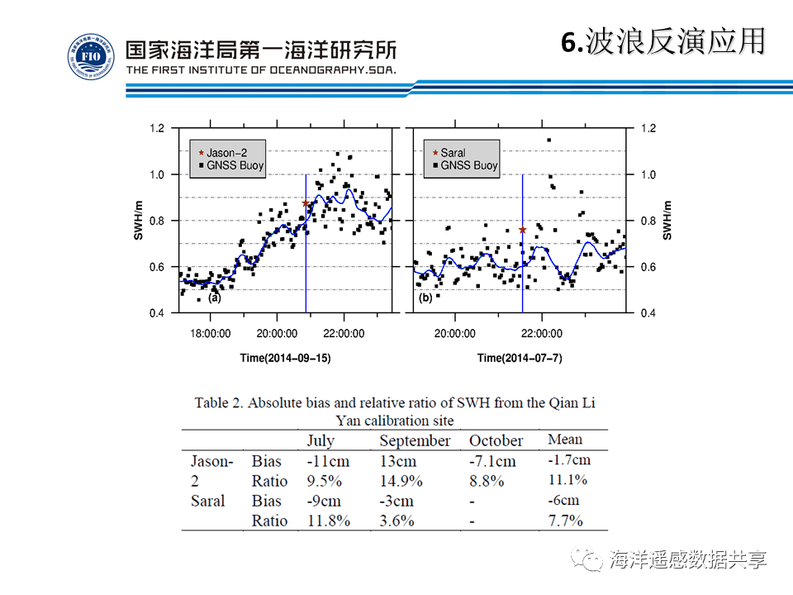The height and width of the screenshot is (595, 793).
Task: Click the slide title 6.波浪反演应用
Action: [663, 41]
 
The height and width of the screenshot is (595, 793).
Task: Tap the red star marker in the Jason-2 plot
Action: [306, 203]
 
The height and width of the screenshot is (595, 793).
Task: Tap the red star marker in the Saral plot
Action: [523, 230]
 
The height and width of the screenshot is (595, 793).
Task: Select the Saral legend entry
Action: [453, 153]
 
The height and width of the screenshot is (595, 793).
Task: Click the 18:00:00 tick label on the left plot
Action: [210, 334]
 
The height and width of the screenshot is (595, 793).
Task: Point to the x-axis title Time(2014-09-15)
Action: [285, 358]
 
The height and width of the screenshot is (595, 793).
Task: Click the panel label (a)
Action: [215, 298]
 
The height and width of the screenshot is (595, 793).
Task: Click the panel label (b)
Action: [426, 297]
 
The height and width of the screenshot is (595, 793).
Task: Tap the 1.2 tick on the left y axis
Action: [157, 128]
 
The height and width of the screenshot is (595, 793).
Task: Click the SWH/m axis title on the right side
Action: [667, 221]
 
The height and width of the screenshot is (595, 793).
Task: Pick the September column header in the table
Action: [415, 440]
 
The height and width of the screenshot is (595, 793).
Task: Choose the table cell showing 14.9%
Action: [401, 481]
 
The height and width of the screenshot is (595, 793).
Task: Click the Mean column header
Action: [565, 440]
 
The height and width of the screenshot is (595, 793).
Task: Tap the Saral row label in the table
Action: [207, 501]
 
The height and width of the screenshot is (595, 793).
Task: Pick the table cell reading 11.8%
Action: [328, 521]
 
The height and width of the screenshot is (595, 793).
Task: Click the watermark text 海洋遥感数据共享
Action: [687, 559]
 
